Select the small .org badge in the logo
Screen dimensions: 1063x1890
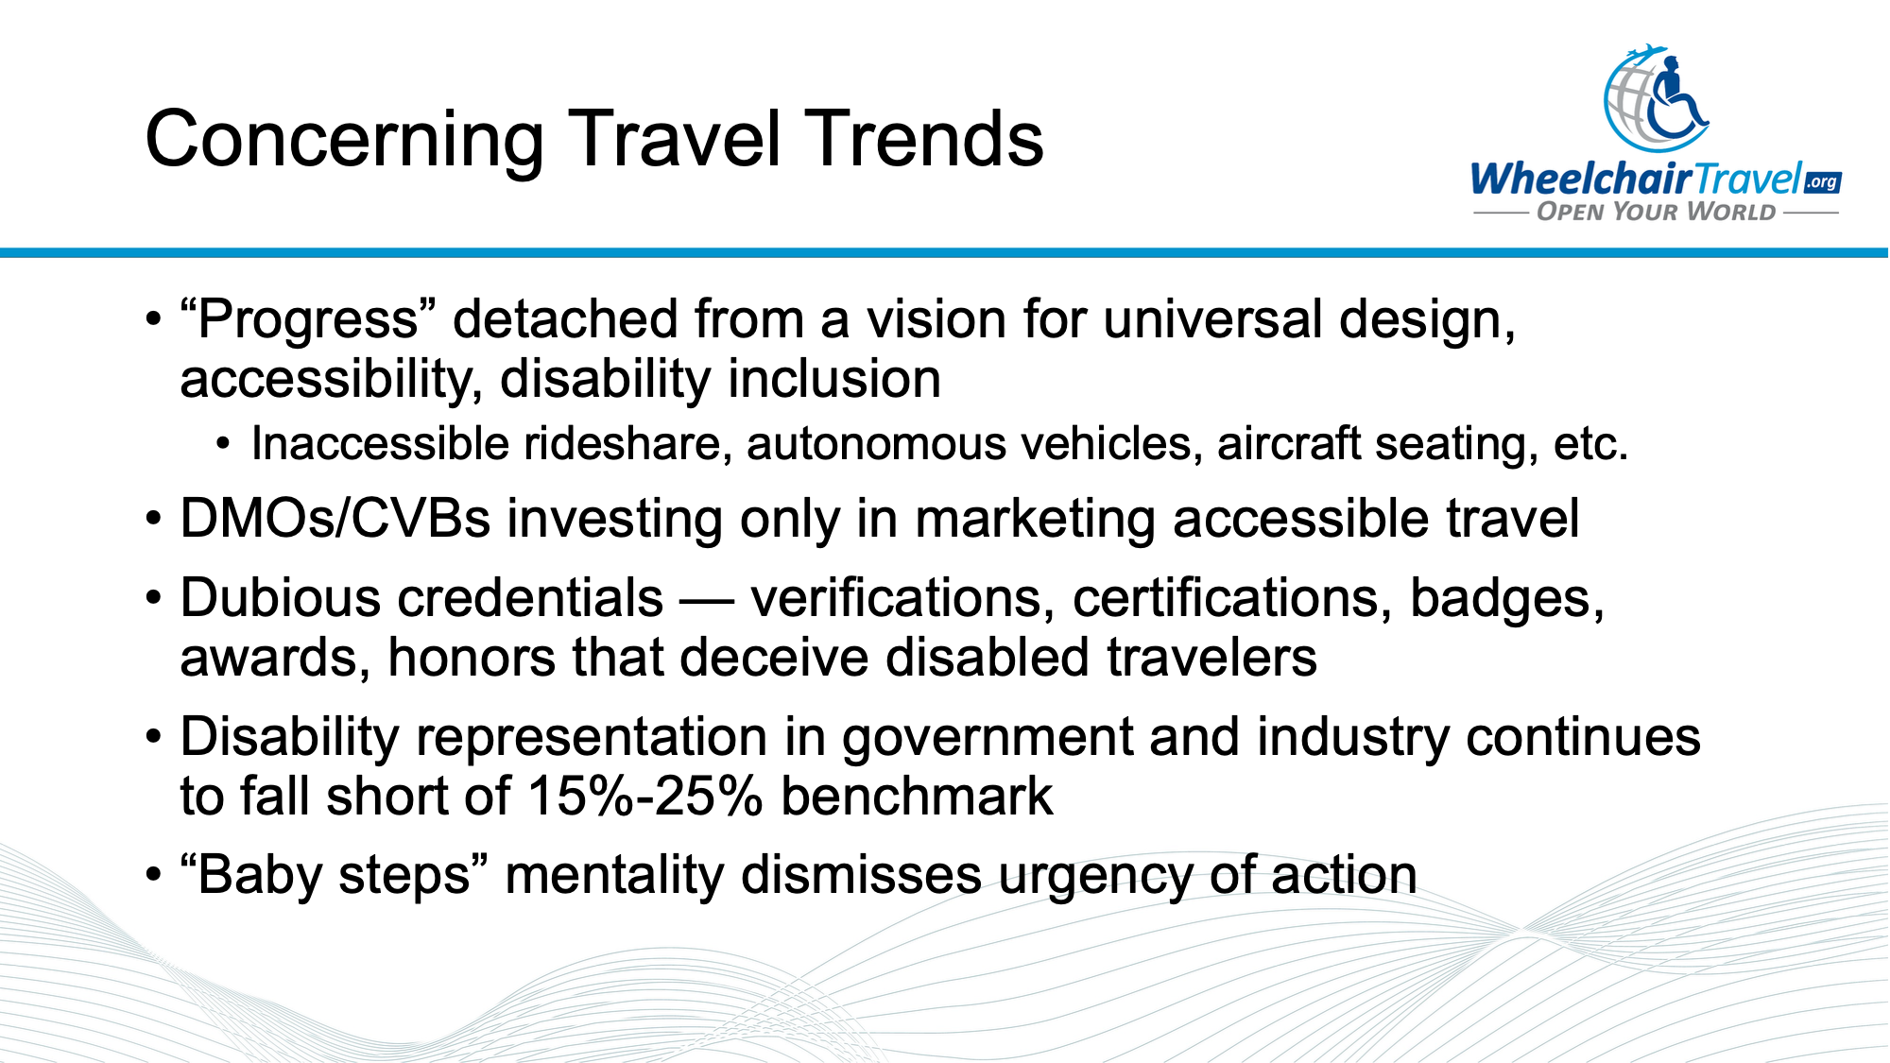tap(1822, 181)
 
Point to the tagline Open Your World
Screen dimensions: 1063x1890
tap(1656, 212)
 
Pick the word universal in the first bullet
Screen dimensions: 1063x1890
tap(1211, 319)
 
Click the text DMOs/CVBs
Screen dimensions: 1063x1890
tap(335, 519)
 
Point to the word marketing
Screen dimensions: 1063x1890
tap(1035, 519)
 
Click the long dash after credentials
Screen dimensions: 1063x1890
tap(707, 600)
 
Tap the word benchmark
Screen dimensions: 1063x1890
tap(916, 796)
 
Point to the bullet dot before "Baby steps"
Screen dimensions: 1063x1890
tap(154, 876)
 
